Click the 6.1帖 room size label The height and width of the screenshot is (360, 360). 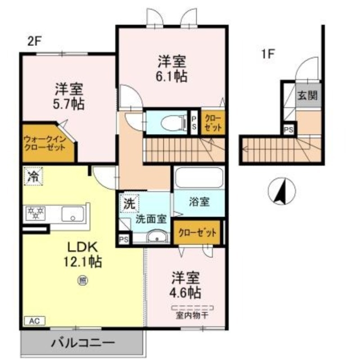[x=172, y=76]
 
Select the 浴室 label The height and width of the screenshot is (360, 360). [x=199, y=202]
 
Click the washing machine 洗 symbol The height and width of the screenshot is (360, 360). [x=129, y=203]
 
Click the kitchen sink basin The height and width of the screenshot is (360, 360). [x=72, y=214]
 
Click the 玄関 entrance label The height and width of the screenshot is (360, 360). [x=308, y=95]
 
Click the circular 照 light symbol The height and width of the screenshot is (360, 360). [x=83, y=280]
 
